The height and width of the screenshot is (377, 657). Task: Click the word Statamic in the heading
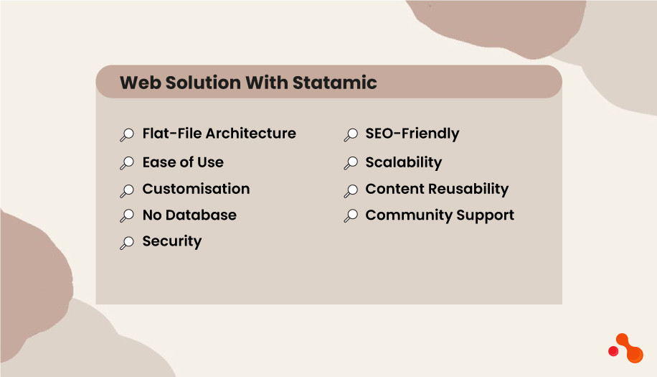click(334, 83)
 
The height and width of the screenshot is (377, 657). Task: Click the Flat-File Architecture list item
click(219, 134)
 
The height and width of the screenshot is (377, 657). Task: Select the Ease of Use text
click(183, 162)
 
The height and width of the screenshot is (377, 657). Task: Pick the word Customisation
click(196, 189)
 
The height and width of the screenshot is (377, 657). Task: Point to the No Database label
click(189, 215)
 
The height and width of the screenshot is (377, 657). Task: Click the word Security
click(172, 241)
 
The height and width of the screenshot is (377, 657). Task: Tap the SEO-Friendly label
click(412, 134)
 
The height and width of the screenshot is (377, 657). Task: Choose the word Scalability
click(403, 162)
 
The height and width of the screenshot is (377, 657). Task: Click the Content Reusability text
click(437, 189)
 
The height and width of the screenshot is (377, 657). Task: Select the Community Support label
click(440, 215)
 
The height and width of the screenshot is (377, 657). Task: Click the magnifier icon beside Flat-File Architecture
click(127, 135)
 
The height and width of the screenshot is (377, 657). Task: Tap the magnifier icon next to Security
click(127, 243)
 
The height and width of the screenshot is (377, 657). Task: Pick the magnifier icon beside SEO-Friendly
click(351, 135)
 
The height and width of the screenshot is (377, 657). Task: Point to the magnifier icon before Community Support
click(351, 216)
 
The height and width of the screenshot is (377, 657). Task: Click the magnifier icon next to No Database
click(127, 216)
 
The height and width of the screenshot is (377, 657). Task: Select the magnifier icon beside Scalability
click(351, 164)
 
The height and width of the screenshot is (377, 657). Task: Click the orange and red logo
click(625, 348)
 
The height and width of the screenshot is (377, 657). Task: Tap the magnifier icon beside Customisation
click(127, 190)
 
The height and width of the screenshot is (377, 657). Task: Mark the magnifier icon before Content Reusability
click(351, 190)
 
